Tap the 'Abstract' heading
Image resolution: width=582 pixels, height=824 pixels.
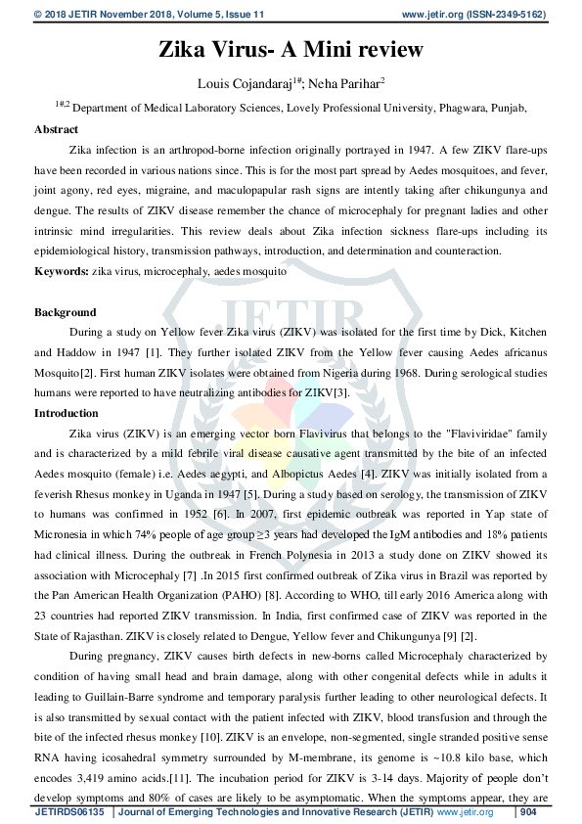tap(57, 129)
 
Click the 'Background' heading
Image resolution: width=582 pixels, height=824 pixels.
tap(66, 312)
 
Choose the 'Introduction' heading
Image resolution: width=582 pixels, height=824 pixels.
tap(67, 413)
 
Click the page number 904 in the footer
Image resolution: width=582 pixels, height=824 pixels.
tap(529, 812)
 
